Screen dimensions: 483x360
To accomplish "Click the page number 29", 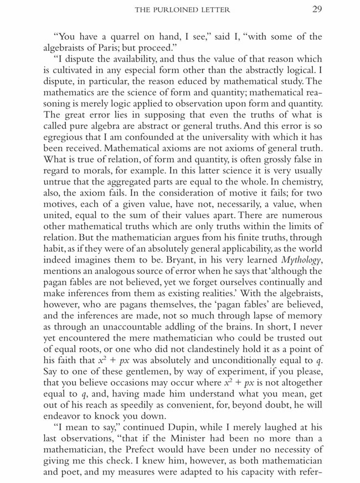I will tap(317, 9).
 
